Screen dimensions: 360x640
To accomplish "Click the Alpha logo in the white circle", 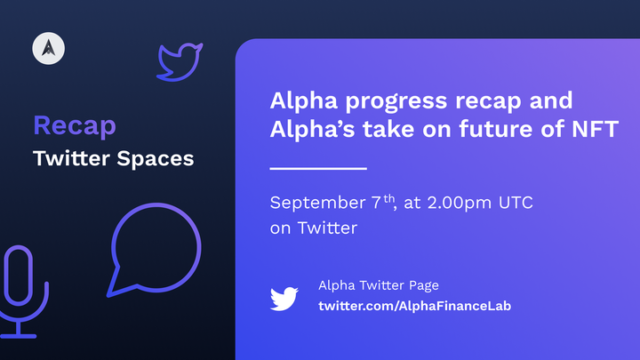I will coord(46,49).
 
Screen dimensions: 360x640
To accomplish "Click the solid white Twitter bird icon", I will coord(284,297).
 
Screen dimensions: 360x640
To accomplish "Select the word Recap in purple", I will coord(75,125).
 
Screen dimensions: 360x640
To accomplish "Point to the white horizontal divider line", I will coord(317,167).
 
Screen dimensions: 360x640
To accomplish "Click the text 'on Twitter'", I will coord(313,228).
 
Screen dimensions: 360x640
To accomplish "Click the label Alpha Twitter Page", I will coord(379,285).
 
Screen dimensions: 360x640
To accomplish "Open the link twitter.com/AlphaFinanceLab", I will coord(414,306).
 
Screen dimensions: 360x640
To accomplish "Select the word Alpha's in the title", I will coord(307,131).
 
